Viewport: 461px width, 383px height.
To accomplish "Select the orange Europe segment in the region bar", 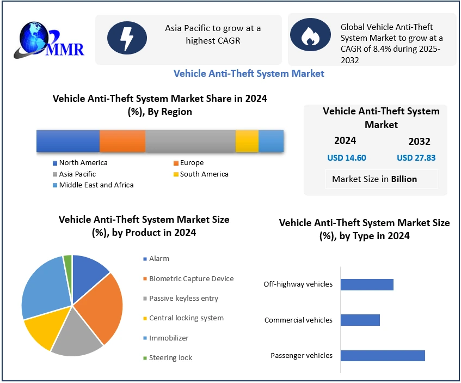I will [122, 141].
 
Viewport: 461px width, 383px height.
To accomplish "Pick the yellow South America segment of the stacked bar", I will [247, 141].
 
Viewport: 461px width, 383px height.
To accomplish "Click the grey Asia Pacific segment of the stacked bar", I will [190, 141].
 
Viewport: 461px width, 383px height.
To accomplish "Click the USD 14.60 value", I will [346, 158].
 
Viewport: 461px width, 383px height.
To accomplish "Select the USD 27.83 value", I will [416, 158].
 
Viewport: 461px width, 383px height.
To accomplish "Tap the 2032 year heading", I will [419, 142].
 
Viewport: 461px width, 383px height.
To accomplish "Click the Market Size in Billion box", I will [374, 179].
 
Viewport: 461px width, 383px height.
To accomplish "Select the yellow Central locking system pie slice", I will [45, 330].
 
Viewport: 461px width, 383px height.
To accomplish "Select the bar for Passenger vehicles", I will [382, 355].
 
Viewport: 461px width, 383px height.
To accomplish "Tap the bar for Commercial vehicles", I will [360, 320].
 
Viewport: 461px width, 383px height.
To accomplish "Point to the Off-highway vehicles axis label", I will [298, 284].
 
